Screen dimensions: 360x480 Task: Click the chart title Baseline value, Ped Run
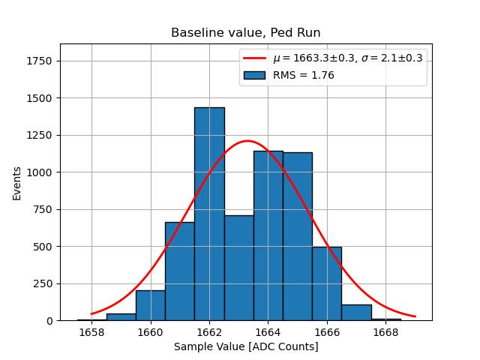(x=246, y=33)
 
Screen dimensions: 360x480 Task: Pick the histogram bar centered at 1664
(x=268, y=235)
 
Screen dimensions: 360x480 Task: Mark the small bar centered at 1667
(x=356, y=313)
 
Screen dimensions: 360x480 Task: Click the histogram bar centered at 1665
(x=298, y=236)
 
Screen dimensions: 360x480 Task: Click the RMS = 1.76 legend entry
(x=303, y=75)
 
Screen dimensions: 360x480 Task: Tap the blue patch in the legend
(x=254, y=75)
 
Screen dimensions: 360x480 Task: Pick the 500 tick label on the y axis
(x=43, y=246)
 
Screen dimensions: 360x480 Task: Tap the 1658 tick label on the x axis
(x=92, y=333)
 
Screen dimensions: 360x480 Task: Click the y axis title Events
(x=16, y=182)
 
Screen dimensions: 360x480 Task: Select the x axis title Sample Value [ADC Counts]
(x=246, y=347)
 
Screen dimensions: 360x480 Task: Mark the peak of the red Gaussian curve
(x=247, y=141)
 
